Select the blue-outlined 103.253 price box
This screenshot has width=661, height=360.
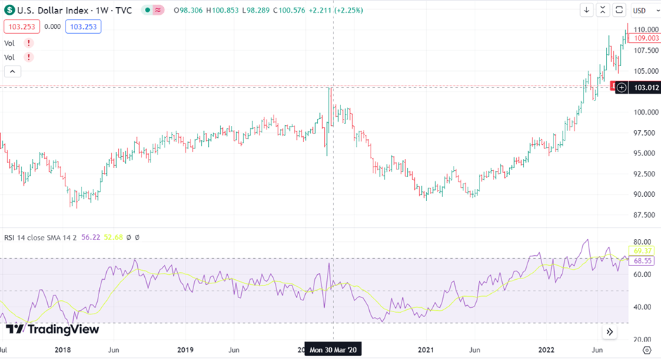(x=83, y=27)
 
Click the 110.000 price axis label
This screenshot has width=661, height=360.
(x=644, y=30)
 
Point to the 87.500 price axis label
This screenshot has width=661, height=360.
(x=644, y=215)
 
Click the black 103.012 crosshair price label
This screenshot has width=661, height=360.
(x=646, y=88)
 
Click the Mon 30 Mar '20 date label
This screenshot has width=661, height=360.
(x=333, y=349)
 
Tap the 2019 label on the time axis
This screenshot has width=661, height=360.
(x=185, y=349)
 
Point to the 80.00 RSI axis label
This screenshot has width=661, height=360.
(x=643, y=241)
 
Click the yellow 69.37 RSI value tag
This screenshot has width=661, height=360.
(x=644, y=251)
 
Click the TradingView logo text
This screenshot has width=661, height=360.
(x=53, y=329)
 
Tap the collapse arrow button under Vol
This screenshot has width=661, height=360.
(x=13, y=71)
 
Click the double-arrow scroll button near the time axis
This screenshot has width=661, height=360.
(x=610, y=332)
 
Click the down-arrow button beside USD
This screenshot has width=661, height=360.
(x=586, y=10)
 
